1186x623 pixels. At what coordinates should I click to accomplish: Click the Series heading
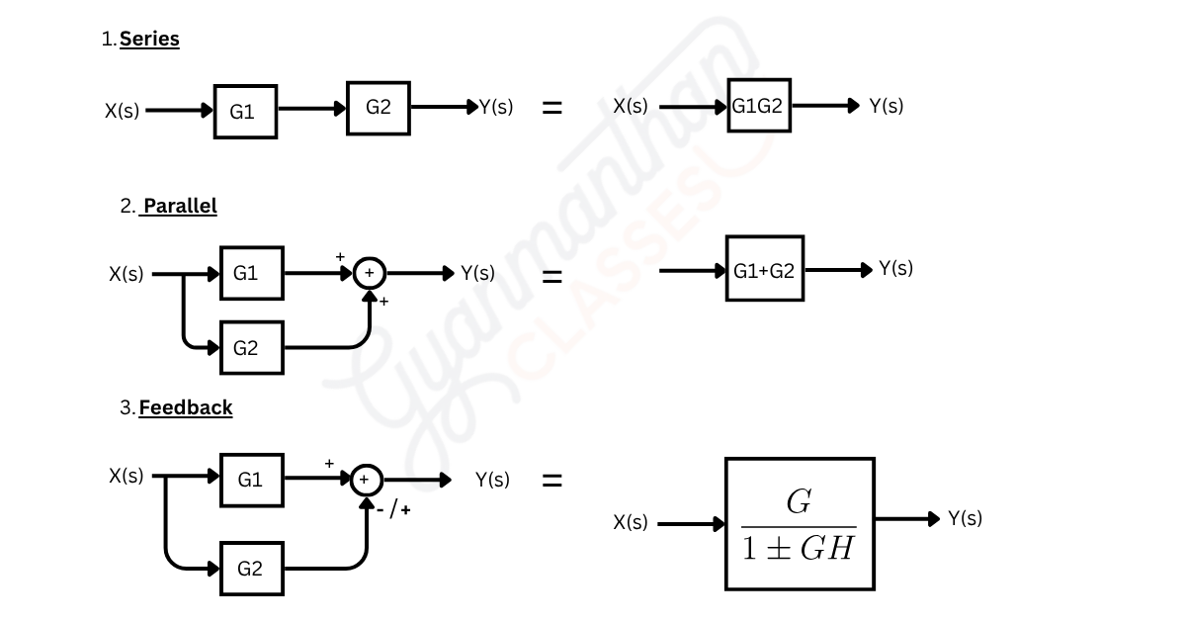coord(149,40)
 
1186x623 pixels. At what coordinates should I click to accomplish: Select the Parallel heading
coord(180,206)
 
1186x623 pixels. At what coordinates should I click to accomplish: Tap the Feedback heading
coord(186,407)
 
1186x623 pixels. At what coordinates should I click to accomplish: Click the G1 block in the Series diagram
coord(244,112)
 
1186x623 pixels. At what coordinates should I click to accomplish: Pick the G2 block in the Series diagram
coord(378,107)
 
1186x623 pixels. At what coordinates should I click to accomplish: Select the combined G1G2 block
coord(758,105)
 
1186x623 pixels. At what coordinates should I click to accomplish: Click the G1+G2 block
coord(764,268)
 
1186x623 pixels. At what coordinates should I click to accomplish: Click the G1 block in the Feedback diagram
coord(251,480)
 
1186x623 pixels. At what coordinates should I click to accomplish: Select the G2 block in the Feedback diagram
coord(251,568)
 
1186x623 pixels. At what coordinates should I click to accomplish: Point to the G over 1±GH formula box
coord(799,524)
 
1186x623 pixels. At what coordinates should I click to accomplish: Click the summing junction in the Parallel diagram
coord(370,273)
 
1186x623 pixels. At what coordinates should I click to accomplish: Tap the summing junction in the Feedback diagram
coord(366,480)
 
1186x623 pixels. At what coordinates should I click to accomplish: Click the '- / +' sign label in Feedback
coord(392,510)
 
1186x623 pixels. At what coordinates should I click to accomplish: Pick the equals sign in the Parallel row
coord(552,277)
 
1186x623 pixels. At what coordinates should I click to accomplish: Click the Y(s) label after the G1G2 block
coord(886,106)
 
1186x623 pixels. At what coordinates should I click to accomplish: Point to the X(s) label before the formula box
coord(631,522)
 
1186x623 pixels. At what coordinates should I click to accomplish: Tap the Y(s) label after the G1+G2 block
coord(895,268)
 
